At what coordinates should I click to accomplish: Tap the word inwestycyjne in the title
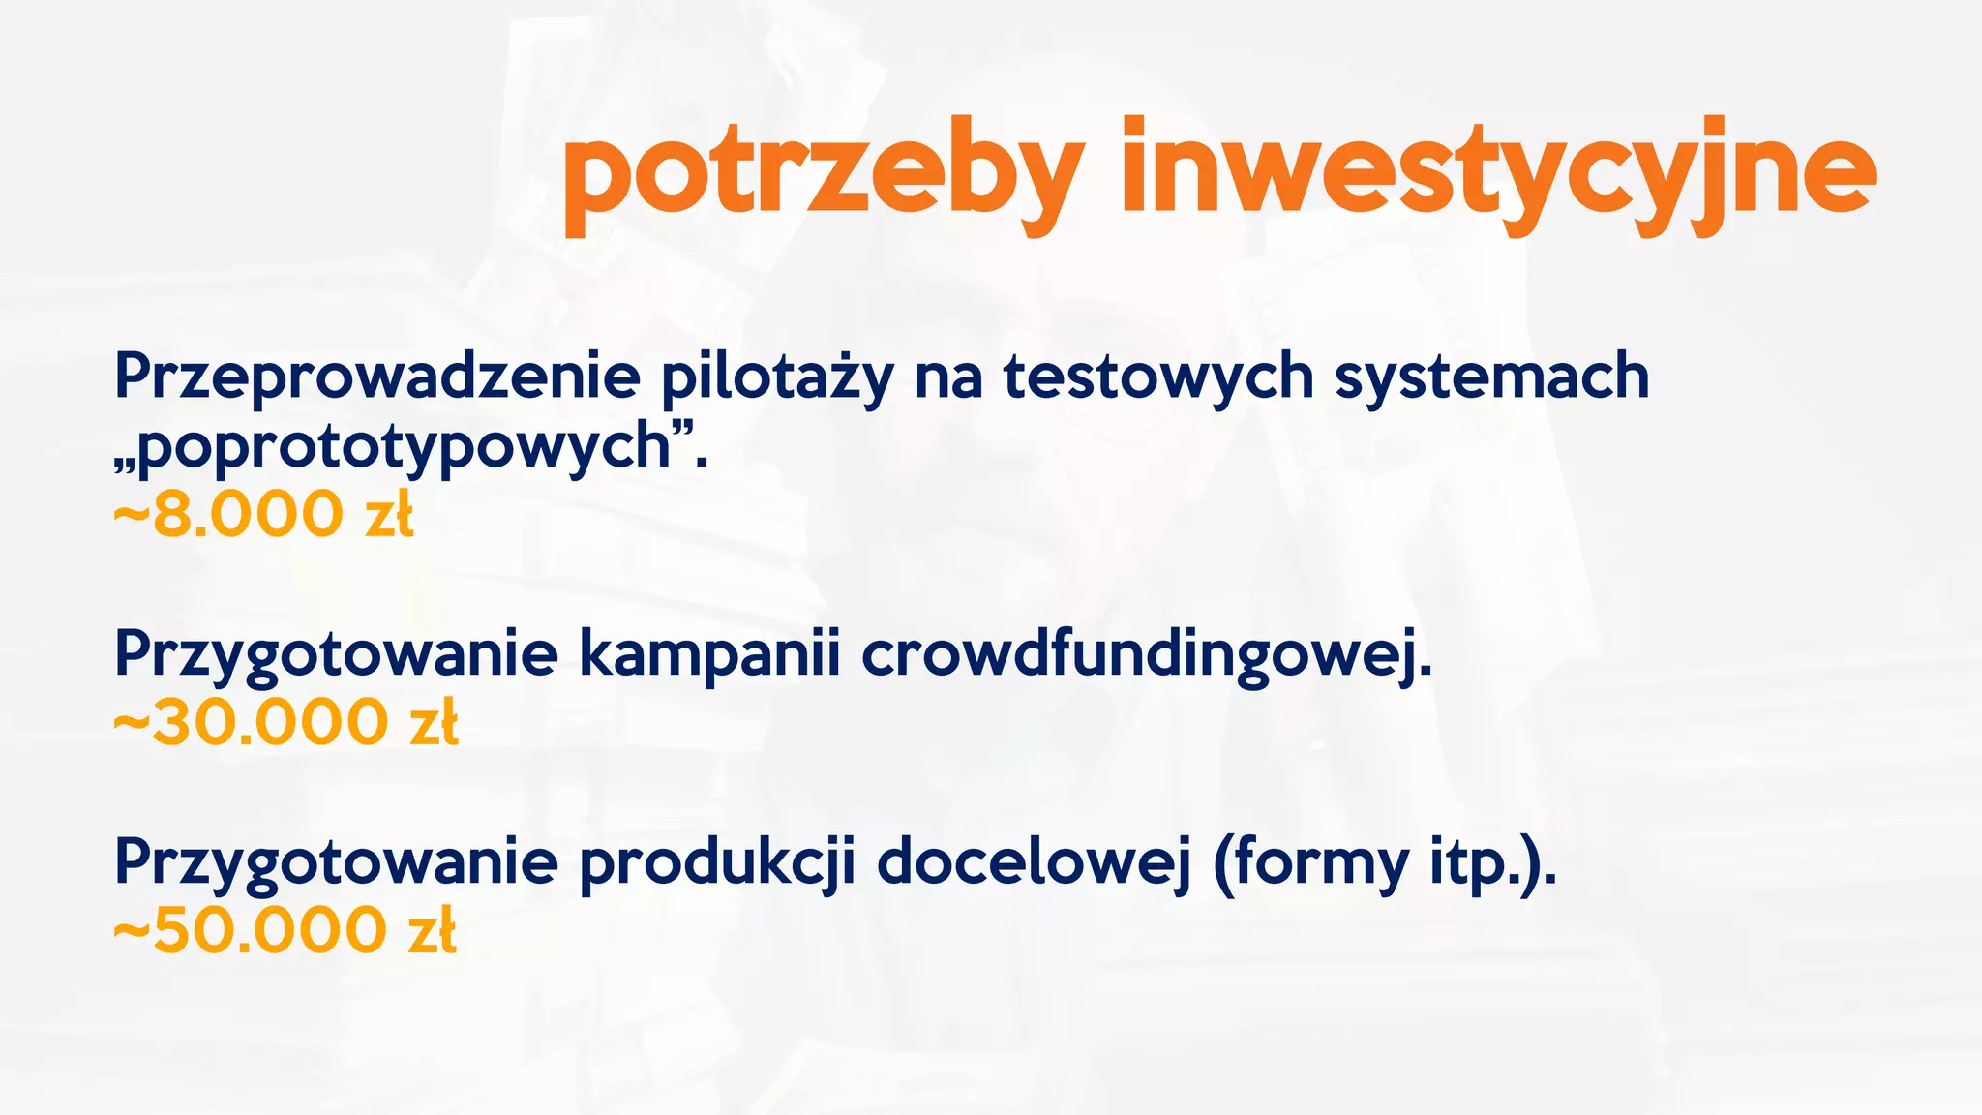(x=1497, y=174)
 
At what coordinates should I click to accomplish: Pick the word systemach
(x=1491, y=377)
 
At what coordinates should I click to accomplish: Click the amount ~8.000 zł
(x=263, y=514)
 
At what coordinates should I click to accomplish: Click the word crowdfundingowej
(x=1146, y=654)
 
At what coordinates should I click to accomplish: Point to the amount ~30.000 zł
(x=285, y=723)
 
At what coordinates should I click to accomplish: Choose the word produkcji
(x=717, y=862)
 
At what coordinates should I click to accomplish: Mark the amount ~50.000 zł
(x=285, y=931)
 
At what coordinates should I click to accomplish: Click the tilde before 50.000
(x=132, y=931)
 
